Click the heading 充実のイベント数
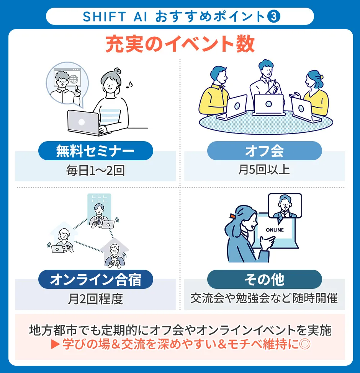click(180, 45)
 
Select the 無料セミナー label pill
click(95, 151)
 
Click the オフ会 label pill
click(264, 151)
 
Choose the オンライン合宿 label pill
click(95, 280)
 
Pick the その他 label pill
click(264, 280)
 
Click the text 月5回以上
click(264, 170)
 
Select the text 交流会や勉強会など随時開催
click(264, 298)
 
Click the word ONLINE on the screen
click(275, 230)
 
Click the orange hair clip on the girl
click(232, 216)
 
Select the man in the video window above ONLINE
click(285, 207)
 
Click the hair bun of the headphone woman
click(118, 71)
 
